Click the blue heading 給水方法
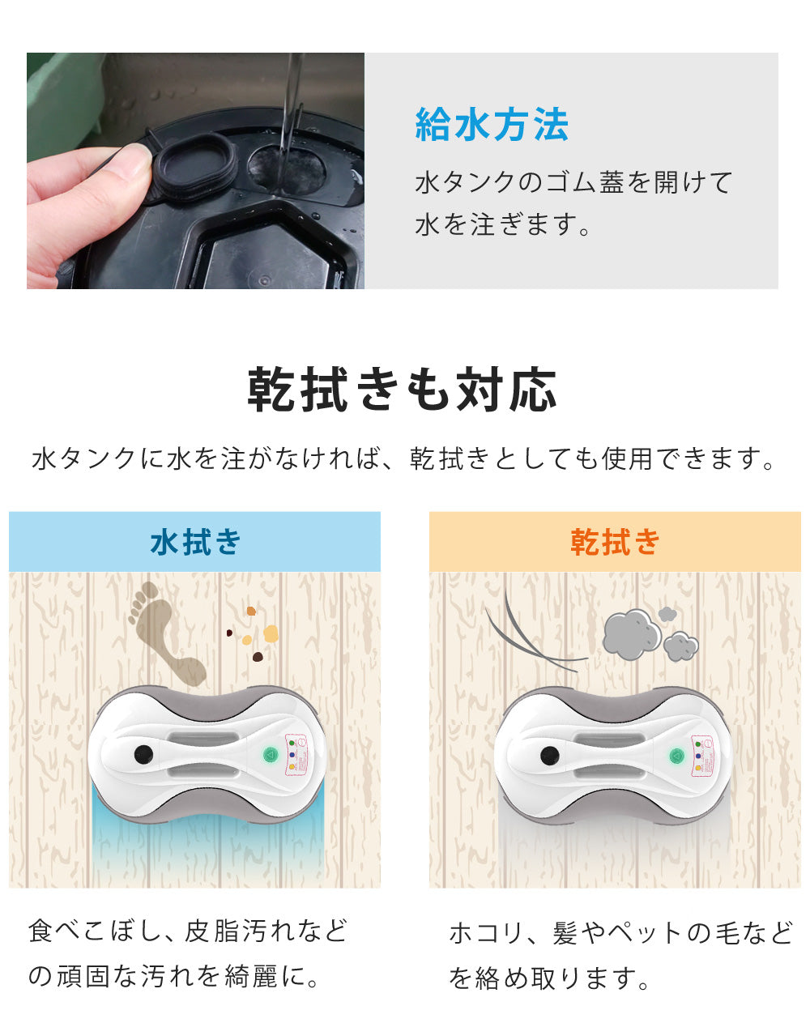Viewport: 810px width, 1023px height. (x=492, y=124)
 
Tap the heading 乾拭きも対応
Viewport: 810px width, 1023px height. (x=402, y=389)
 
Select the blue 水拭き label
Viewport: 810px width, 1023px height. (x=195, y=542)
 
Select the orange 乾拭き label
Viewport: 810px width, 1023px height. (x=615, y=542)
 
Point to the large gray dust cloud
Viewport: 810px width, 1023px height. (x=632, y=634)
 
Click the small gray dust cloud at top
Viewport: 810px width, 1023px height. (x=668, y=614)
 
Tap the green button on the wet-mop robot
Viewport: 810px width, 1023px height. (x=270, y=754)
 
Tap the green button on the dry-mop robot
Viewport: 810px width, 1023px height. (x=676, y=756)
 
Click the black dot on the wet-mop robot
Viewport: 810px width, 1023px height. (x=143, y=754)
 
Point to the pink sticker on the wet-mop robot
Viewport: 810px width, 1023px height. (x=296, y=755)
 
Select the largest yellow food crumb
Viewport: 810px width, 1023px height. (x=271, y=633)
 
